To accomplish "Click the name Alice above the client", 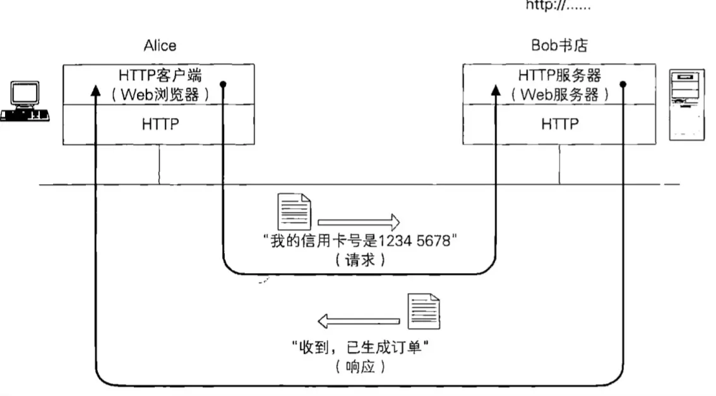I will pyautogui.click(x=160, y=45).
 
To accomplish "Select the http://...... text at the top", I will pyautogui.click(x=559, y=7).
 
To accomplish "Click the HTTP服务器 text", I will pyautogui.click(x=559, y=75).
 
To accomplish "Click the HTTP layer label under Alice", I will pyautogui.click(x=160, y=124).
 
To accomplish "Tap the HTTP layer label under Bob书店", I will pyautogui.click(x=559, y=124).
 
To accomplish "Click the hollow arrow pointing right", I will pyautogui.click(x=359, y=221).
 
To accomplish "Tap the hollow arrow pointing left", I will pyautogui.click(x=359, y=322).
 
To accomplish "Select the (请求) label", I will pyautogui.click(x=359, y=260).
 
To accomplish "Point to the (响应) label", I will pyautogui.click(x=359, y=366).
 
